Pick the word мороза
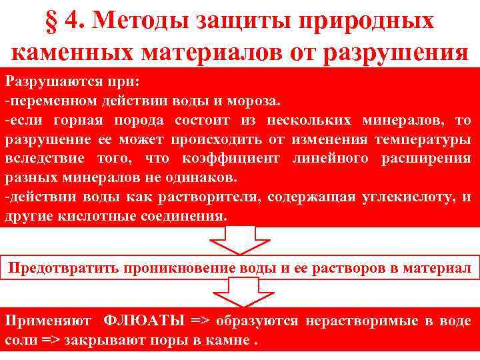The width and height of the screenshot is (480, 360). pos(257,101)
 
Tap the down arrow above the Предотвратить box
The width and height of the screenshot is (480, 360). pos(241,240)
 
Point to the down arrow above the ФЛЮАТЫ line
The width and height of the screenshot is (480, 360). pos(241,293)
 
